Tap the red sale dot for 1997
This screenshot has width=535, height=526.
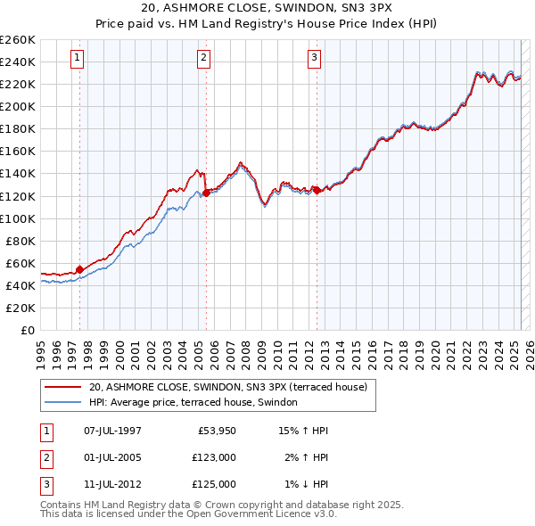(x=79, y=268)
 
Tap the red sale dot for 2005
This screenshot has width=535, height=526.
(x=206, y=192)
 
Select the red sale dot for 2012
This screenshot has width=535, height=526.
(x=317, y=189)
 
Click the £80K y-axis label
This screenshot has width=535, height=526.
(x=20, y=241)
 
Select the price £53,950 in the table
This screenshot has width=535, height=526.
(x=215, y=431)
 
